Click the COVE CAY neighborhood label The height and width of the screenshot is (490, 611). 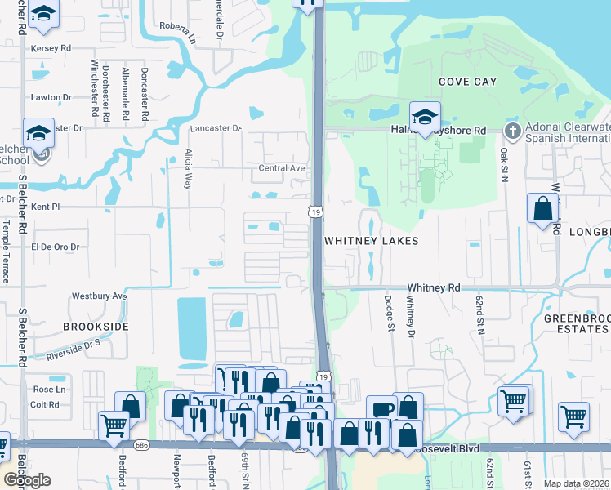click(467, 82)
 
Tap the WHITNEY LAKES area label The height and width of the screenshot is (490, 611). click(371, 241)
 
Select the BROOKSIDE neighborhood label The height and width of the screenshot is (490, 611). click(96, 326)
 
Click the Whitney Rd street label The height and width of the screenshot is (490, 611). click(434, 287)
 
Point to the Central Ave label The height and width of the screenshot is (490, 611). click(281, 168)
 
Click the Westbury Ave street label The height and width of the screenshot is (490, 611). click(100, 296)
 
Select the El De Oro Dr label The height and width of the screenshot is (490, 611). click(55, 246)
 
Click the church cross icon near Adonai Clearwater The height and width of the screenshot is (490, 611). click(512, 130)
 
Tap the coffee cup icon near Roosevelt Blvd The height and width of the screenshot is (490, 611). click(381, 409)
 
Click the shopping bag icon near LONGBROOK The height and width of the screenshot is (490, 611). click(542, 210)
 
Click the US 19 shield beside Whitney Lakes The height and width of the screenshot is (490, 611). click(315, 212)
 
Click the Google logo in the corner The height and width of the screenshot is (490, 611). click(27, 480)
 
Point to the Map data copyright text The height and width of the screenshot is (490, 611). click(577, 483)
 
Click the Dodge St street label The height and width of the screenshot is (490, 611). click(390, 314)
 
